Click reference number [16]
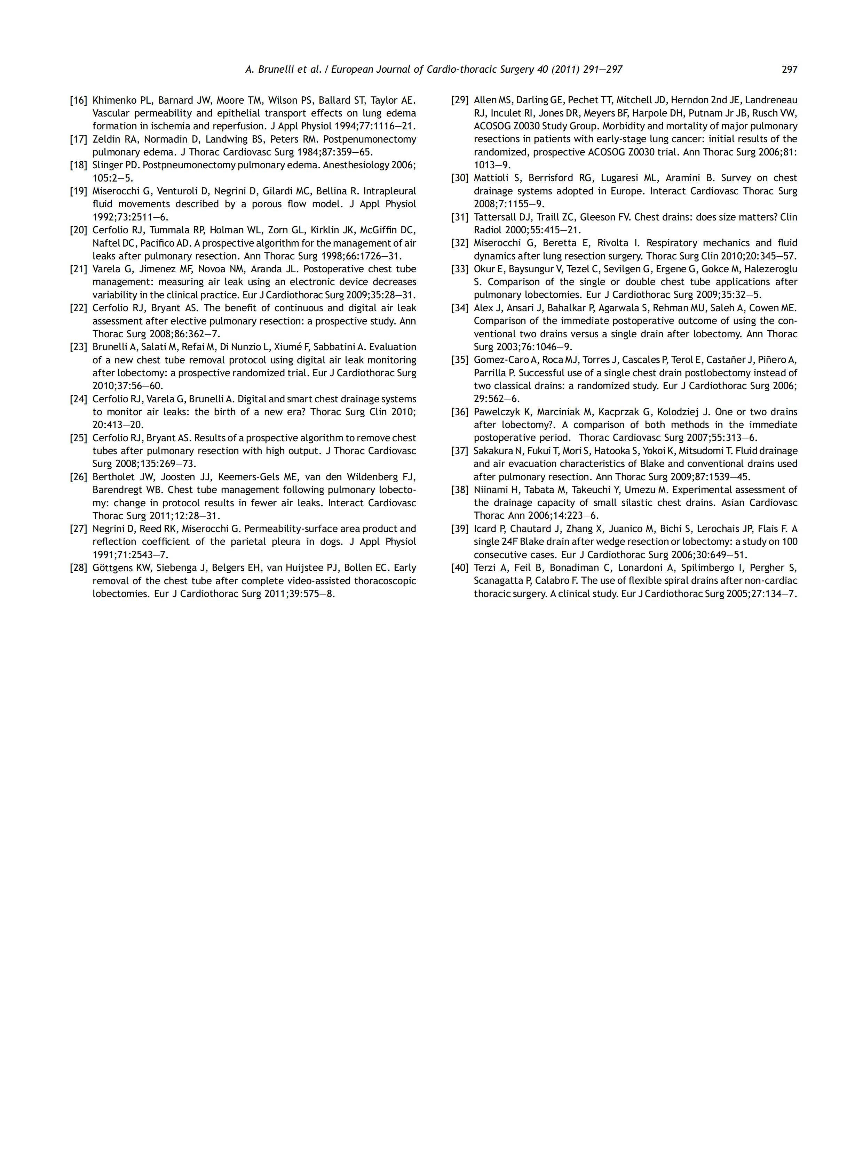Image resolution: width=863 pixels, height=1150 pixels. tap(79, 100)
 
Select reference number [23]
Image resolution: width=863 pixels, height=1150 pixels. tap(79, 347)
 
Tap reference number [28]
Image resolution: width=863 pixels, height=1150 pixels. tap(79, 568)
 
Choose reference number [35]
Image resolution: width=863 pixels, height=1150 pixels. tap(460, 360)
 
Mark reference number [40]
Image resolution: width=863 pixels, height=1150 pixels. tap(460, 568)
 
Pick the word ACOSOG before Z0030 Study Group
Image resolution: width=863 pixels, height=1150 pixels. tap(492, 126)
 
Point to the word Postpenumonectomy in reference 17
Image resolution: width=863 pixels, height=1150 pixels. tap(369, 139)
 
